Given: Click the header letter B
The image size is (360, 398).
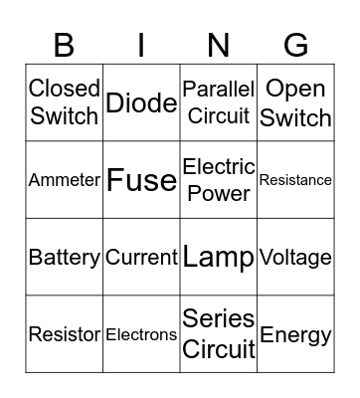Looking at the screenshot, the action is point(65,44).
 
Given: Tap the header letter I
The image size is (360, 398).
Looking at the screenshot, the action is point(142,44).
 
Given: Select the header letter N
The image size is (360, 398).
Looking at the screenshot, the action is point(219,44).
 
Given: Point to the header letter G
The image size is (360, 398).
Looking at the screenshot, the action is point(295,44).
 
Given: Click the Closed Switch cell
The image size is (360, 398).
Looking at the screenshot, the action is point(65,102).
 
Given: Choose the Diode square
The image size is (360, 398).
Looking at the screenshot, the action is point(142,102).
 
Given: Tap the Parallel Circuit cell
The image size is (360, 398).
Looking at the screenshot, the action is point(219,102).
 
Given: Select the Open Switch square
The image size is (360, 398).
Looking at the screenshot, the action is point(295,102).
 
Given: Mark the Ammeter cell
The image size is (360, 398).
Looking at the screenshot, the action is point(65,180).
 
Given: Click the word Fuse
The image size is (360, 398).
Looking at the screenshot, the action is point(142,180).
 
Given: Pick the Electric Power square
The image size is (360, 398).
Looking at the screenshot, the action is point(219,180).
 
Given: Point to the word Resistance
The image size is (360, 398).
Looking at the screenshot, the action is point(295,180).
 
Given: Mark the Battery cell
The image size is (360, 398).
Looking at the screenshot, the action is point(65,258).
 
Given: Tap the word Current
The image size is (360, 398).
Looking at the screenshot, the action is point(142,258).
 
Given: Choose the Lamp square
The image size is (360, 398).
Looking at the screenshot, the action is point(219,258).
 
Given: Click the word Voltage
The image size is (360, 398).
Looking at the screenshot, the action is point(295,258).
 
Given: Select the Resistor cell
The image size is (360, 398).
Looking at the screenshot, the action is point(65,334).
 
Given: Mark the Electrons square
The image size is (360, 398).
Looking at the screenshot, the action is point(142,334).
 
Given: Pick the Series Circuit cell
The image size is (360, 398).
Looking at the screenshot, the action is point(219,334).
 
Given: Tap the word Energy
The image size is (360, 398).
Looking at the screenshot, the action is point(295,334).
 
